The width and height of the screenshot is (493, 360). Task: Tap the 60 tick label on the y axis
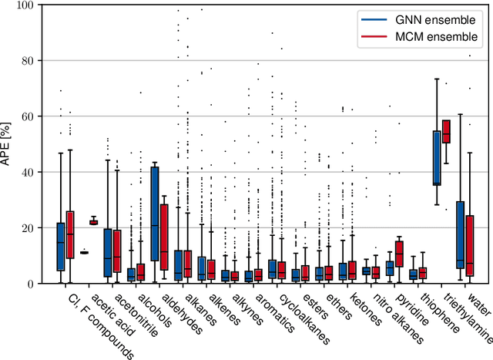[x=25, y=116]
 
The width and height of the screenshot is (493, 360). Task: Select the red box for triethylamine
[x=446, y=132]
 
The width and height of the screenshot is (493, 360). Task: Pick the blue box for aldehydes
[x=155, y=214]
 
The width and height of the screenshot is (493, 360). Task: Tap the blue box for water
[x=460, y=234]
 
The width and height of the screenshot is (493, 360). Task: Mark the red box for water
[x=470, y=245]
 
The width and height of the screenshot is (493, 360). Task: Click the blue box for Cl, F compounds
[x=61, y=247]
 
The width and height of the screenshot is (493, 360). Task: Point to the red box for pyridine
[x=399, y=253]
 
